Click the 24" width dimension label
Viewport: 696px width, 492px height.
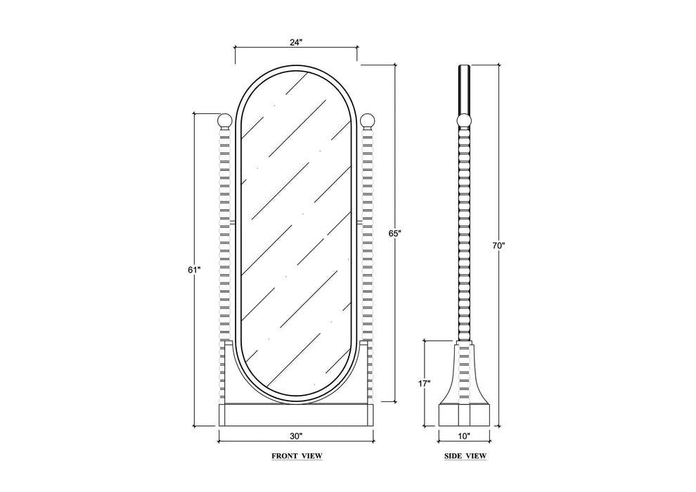[x=296, y=43]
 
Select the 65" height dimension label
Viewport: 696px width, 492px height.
[x=394, y=233]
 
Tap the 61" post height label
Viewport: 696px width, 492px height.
[x=195, y=269]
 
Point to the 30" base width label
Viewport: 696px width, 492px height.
[x=296, y=436]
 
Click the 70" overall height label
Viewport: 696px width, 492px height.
[x=499, y=245]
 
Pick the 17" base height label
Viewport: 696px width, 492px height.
[x=425, y=383]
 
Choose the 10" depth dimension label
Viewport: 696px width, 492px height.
[x=463, y=436]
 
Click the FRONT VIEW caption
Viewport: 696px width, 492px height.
[x=297, y=455]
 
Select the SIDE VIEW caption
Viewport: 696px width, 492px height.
[x=465, y=455]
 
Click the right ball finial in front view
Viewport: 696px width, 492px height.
[x=368, y=120]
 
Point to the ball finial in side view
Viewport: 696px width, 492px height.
[x=464, y=121]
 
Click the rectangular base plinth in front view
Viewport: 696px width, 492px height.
[x=296, y=415]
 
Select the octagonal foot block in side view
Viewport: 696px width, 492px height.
[x=464, y=415]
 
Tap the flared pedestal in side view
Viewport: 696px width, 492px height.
[x=464, y=373]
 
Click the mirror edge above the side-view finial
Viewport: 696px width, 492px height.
[x=464, y=90]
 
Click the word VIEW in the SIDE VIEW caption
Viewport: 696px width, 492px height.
[x=476, y=455]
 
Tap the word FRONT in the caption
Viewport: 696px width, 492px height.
[x=285, y=455]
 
